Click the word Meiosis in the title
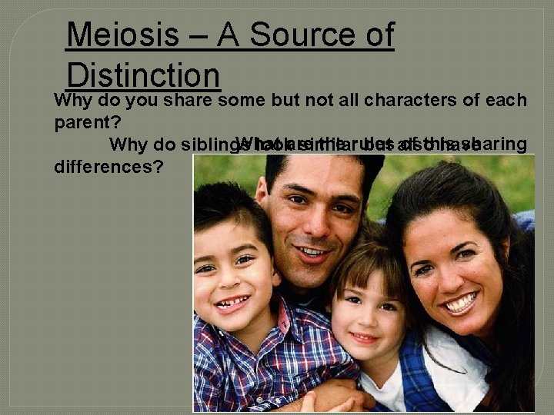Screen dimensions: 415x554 pyautogui.click(x=122, y=36)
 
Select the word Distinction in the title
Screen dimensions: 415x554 pyautogui.click(x=144, y=75)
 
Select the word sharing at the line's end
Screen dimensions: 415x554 pyautogui.click(x=496, y=143)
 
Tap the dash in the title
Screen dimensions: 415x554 pyautogui.click(x=199, y=37)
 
